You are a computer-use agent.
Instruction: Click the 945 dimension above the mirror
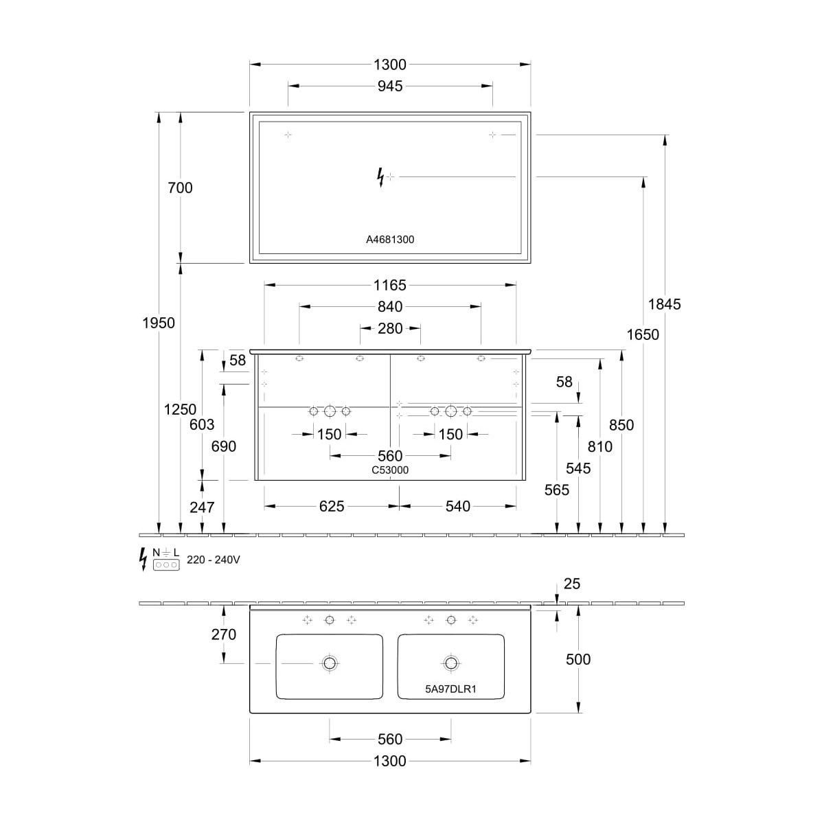(x=389, y=86)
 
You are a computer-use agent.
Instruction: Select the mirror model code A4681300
(x=390, y=240)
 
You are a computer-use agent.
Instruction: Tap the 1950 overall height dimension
(x=159, y=323)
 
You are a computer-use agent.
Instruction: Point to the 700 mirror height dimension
(x=180, y=187)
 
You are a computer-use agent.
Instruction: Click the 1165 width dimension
(x=389, y=285)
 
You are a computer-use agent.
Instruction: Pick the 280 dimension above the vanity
(x=390, y=328)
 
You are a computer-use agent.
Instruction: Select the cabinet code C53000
(x=390, y=470)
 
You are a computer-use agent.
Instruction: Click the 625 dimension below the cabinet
(x=332, y=506)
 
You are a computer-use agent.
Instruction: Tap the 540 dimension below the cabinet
(x=457, y=506)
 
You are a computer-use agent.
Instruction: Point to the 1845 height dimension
(x=664, y=304)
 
